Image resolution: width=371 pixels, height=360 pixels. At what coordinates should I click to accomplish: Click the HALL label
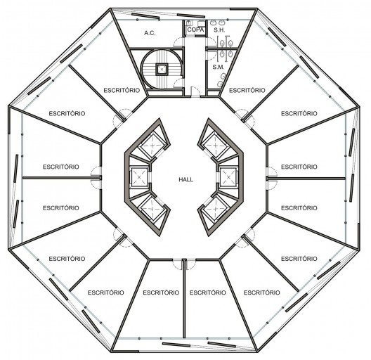coord(185,179)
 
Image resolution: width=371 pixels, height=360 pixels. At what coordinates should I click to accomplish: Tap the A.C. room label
coord(150,33)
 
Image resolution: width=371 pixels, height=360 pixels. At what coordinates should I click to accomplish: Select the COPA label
coord(195,30)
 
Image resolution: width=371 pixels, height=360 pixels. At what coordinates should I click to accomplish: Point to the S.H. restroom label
coord(219,30)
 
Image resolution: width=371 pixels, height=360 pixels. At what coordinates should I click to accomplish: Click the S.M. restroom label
coord(218,67)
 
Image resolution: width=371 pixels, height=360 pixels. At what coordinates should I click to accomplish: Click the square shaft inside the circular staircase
coord(162,70)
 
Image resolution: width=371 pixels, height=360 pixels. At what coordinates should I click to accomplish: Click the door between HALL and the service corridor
coord(195,92)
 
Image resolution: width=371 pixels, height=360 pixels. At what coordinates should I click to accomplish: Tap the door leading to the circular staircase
coord(178,84)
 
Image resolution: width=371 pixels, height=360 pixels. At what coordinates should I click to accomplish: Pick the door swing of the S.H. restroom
coord(211,41)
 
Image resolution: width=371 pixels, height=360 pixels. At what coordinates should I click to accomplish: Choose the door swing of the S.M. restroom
coord(211,55)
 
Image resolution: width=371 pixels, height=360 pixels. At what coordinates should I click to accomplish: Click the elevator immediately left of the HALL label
coord(139,177)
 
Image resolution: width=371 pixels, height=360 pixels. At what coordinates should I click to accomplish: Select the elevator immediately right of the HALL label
coord(228,177)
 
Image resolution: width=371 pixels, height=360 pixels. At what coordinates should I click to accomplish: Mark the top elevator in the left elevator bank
coord(152,145)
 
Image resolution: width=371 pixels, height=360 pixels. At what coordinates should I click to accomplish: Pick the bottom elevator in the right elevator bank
coord(216,209)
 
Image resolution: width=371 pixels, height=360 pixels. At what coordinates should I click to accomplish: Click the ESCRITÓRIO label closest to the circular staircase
coord(122,90)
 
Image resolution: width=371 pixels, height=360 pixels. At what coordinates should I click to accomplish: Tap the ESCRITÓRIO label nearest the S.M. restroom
coord(247,90)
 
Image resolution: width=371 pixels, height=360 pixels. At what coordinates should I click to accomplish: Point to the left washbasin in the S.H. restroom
coord(213,22)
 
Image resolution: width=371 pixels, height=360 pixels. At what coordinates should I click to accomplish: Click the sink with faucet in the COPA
coord(189,23)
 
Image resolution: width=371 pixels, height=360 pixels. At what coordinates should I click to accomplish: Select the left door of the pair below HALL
coord(178,264)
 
